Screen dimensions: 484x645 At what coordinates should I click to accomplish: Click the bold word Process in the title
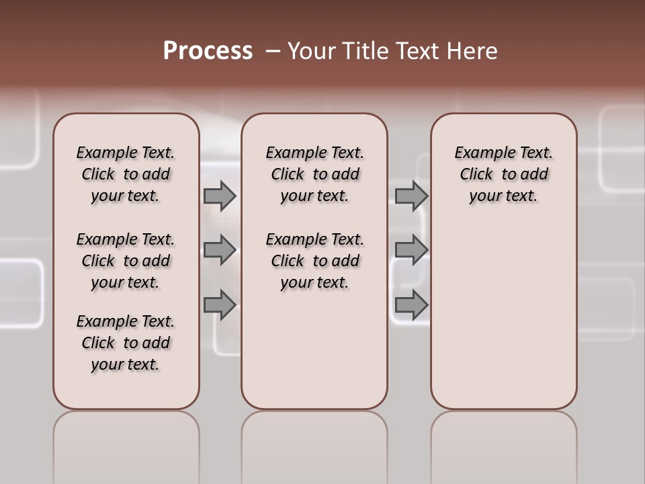pos(208,51)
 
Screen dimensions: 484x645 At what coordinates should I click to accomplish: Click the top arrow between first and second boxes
pos(220,196)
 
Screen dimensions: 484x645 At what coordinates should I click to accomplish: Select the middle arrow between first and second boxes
pos(220,250)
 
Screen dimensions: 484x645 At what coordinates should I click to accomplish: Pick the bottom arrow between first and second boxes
pos(220,305)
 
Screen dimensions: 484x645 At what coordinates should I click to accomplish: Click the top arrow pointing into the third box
pos(411,196)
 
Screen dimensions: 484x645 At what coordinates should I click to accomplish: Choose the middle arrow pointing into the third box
pos(411,250)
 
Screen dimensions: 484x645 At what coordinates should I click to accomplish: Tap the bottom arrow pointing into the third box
pos(411,305)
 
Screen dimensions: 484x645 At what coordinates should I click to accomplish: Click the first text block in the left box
pos(126,174)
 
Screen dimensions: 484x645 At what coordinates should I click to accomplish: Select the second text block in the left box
pos(126,261)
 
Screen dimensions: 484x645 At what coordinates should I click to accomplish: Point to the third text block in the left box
pos(126,343)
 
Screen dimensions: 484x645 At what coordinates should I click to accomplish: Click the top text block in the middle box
pos(314,174)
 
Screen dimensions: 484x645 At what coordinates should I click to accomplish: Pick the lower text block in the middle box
pos(314,261)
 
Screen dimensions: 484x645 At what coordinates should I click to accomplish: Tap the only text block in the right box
pos(503,174)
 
